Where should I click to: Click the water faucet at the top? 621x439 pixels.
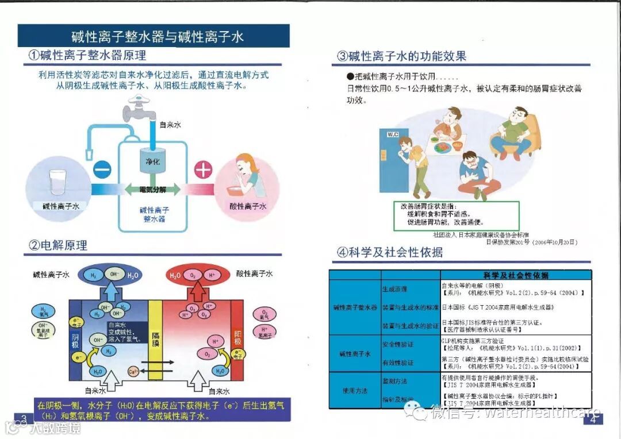click(138, 106)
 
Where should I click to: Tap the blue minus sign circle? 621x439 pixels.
click(101, 170)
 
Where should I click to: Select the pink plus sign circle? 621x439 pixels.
click(204, 170)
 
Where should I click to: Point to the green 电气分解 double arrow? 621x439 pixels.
click(152, 189)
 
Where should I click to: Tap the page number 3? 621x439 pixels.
click(24, 417)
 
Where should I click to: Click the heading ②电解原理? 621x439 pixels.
click(58, 245)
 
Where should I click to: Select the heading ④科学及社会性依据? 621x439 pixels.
click(390, 252)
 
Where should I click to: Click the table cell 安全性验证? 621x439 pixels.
click(398, 344)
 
